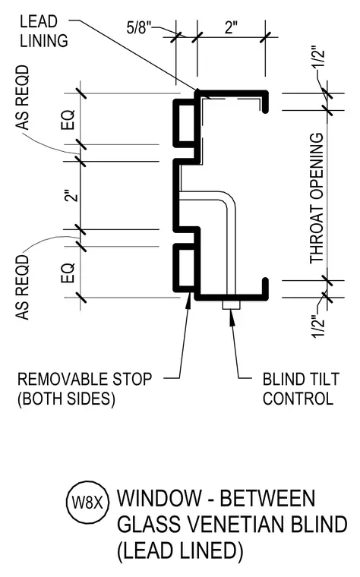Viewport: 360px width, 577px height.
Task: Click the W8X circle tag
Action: (x=87, y=503)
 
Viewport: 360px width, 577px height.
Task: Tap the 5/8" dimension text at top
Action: (x=139, y=28)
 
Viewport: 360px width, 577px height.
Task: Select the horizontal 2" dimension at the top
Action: (x=232, y=27)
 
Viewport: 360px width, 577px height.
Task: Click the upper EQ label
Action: (x=68, y=119)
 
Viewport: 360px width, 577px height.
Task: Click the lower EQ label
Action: (x=68, y=273)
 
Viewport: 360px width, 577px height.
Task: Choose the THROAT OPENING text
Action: (x=317, y=198)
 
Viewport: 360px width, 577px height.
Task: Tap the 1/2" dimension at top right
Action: (x=319, y=57)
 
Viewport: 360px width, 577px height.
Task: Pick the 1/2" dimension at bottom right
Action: (x=318, y=326)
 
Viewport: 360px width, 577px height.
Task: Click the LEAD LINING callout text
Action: (x=44, y=31)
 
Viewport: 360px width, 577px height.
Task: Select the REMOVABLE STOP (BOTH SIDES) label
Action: (x=84, y=389)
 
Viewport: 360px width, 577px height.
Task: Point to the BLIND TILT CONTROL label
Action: (x=301, y=389)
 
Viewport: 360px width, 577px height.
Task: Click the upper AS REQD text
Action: (x=23, y=97)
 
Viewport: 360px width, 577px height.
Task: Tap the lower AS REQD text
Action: (x=23, y=288)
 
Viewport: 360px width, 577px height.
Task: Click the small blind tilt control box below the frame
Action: (x=231, y=305)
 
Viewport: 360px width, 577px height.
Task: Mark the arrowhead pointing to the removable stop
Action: (x=188, y=301)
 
